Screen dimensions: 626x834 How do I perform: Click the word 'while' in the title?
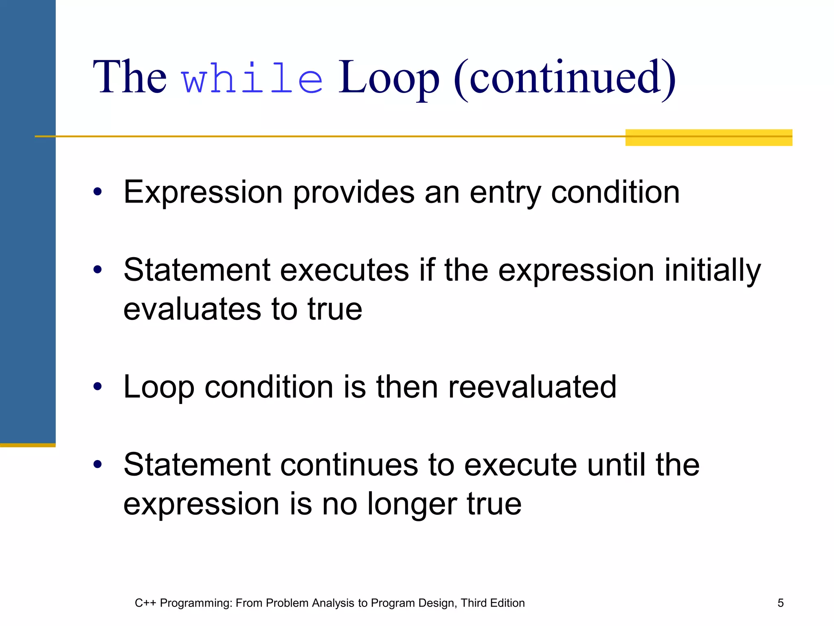(252, 78)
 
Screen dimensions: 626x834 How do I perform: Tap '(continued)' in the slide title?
(564, 78)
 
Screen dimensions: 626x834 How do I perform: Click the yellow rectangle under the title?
(709, 138)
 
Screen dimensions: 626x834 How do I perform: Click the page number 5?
(780, 603)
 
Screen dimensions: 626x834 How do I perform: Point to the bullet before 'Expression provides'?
(97, 192)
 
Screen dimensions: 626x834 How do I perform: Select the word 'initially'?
(712, 271)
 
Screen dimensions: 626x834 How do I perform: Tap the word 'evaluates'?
(192, 309)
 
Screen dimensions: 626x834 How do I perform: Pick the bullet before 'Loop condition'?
(97, 386)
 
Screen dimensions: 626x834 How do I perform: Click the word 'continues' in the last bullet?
(349, 465)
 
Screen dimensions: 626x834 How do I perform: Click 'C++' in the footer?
(145, 603)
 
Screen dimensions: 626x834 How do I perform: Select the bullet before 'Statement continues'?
(97, 464)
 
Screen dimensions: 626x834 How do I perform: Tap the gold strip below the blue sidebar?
(28, 445)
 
